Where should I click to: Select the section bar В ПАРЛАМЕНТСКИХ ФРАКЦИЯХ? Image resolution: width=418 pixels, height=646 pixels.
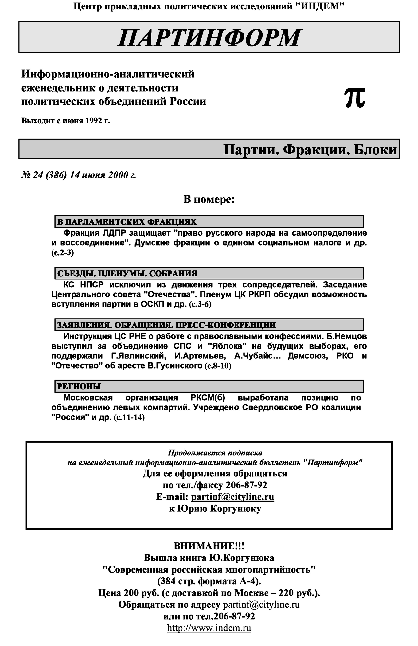point(209,222)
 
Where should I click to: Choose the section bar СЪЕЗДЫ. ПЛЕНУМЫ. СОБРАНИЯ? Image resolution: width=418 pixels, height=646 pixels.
point(209,273)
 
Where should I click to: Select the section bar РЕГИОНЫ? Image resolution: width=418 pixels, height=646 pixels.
point(209,386)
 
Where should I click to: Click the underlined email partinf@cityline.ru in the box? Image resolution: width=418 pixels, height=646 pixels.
point(232,497)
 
